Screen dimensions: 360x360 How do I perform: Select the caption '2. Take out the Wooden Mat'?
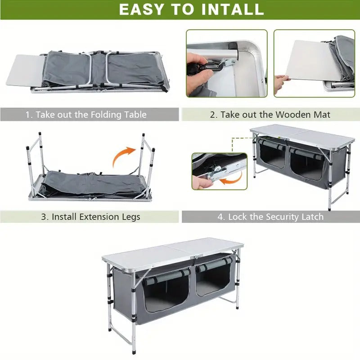[x=270, y=115]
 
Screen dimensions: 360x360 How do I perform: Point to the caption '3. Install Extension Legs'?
[x=90, y=216]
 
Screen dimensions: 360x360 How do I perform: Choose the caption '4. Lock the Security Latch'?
[x=270, y=216]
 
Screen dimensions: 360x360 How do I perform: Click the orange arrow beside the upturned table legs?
[x=124, y=157]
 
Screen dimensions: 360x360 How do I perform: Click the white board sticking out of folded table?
[x=23, y=70]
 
